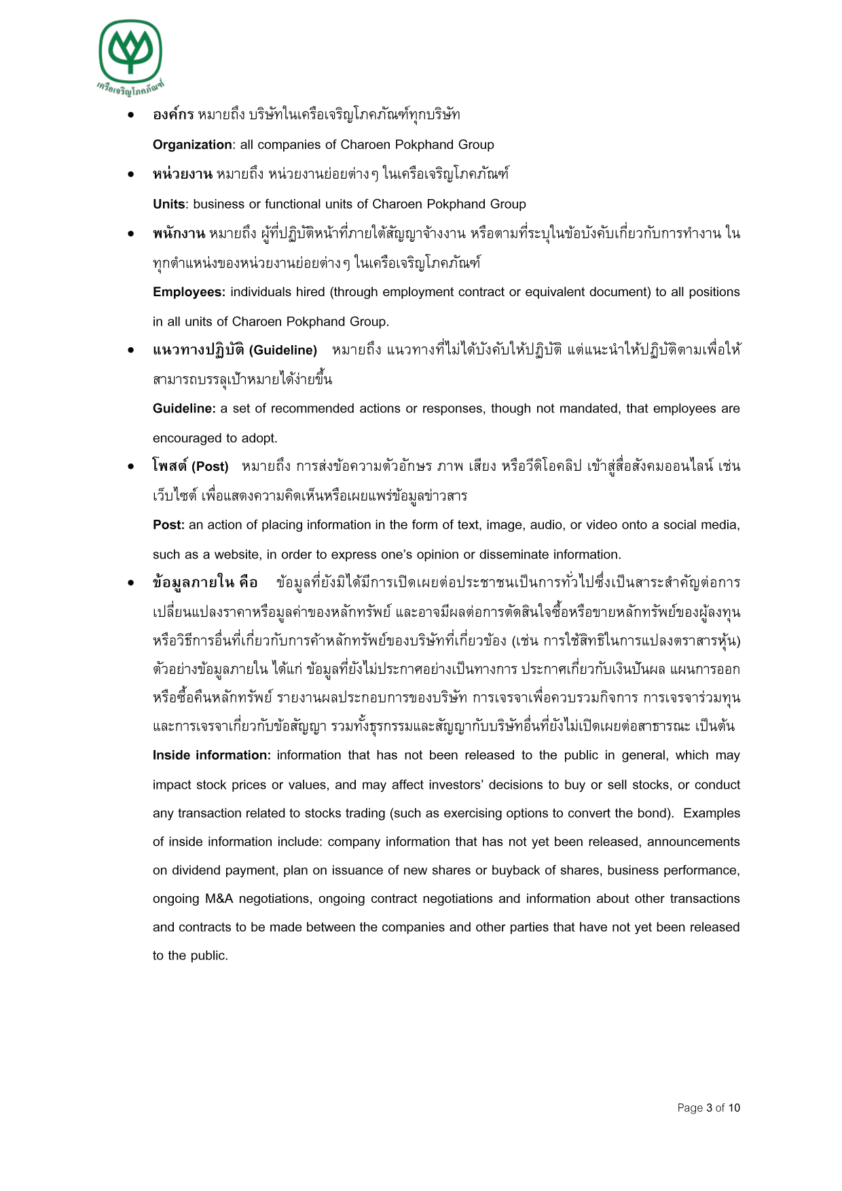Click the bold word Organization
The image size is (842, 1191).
[x=192, y=145]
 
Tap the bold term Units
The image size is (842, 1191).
[x=168, y=204]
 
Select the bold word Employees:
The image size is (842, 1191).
[x=189, y=292]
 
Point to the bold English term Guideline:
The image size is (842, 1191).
[x=184, y=408]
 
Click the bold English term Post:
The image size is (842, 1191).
[x=168, y=525]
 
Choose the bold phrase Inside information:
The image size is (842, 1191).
[x=212, y=755]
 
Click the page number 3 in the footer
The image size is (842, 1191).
[x=709, y=1107]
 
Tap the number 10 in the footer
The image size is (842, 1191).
[x=734, y=1107]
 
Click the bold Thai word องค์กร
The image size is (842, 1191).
[x=173, y=114]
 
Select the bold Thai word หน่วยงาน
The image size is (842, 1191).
[x=182, y=174]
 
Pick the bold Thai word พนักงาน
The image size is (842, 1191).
[x=179, y=234]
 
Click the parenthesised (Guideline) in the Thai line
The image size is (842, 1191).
[x=283, y=350]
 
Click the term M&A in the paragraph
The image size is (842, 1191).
[x=219, y=898]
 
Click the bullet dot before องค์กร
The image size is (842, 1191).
[x=131, y=115]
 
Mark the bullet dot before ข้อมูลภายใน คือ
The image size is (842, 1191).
[x=131, y=583]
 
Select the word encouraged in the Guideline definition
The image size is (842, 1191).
[x=183, y=438]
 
